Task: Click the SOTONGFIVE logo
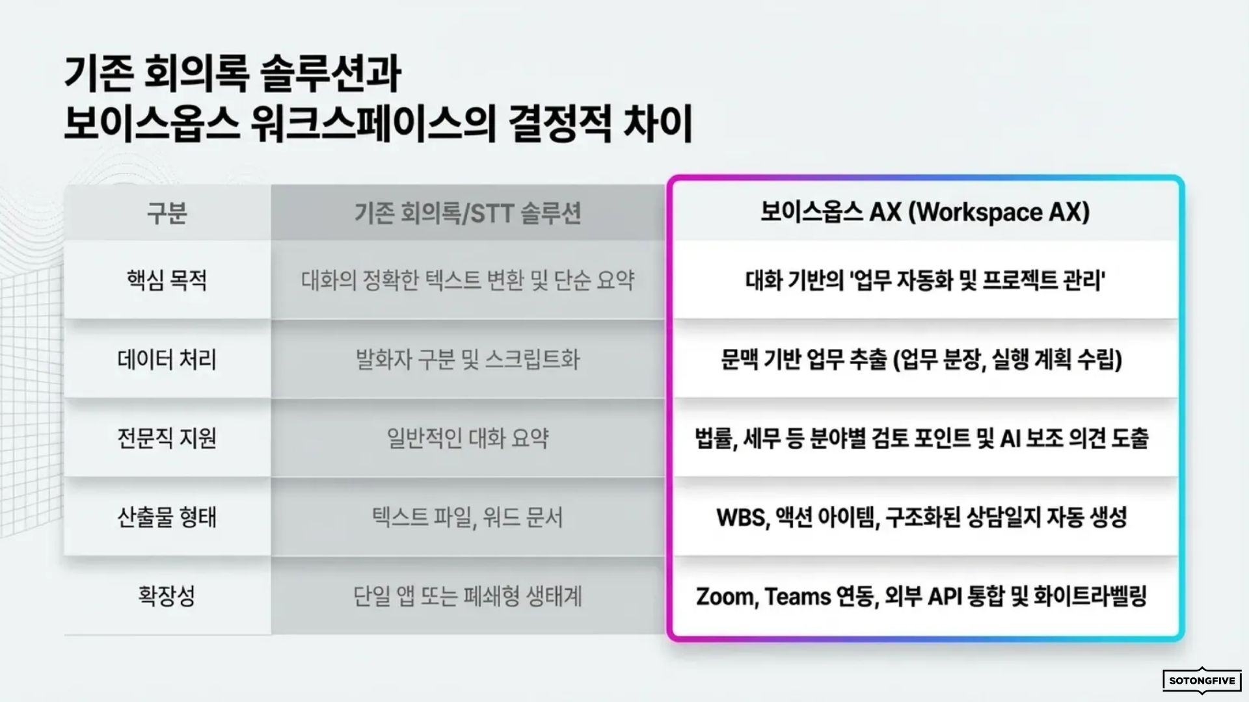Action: click(x=1202, y=681)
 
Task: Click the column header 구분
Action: click(x=167, y=213)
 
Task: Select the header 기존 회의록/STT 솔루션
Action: click(x=468, y=213)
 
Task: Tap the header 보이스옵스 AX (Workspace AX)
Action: click(x=925, y=212)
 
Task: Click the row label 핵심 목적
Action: click(x=167, y=280)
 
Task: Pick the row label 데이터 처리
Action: click(x=167, y=359)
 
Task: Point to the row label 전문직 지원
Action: click(x=167, y=438)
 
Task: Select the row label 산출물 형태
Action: click(x=167, y=517)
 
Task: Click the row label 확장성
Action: click(x=167, y=596)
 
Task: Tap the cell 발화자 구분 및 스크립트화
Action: click(x=468, y=359)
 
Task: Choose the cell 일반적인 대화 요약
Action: click(x=468, y=438)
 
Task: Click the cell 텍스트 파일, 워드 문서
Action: click(x=468, y=517)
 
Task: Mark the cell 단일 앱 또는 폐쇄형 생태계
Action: click(x=468, y=596)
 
